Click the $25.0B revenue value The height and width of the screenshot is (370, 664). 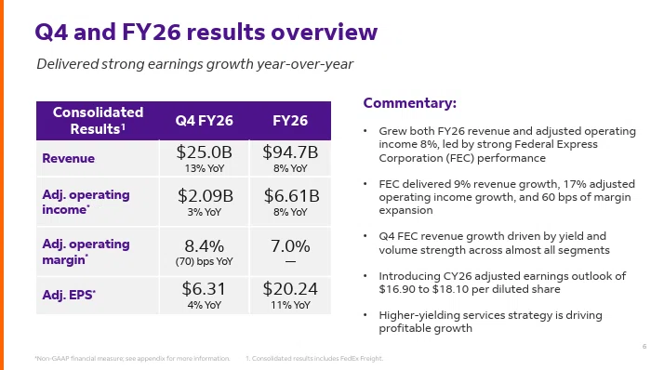[204, 152]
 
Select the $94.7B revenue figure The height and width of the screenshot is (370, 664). [290, 152]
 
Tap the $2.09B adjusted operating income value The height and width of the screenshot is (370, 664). [205, 196]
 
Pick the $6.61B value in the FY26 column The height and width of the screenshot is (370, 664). [291, 196]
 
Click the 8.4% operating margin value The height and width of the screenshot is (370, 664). [204, 246]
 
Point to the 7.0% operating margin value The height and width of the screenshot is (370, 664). [290, 246]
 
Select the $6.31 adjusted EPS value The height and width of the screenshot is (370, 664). [204, 289]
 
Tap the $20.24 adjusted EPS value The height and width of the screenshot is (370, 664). [290, 289]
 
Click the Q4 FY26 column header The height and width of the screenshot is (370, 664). [204, 121]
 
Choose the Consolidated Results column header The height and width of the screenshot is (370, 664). [98, 120]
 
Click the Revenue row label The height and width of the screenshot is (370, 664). [68, 158]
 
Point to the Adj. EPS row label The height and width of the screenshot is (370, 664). [69, 295]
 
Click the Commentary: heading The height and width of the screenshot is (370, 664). [410, 103]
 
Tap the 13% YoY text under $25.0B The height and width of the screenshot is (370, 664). [204, 168]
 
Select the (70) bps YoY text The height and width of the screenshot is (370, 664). [204, 261]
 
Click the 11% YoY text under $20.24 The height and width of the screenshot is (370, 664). [290, 305]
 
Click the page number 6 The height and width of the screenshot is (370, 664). [644, 346]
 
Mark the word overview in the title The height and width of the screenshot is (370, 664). [324, 33]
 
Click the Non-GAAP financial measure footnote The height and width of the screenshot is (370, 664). [132, 359]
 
